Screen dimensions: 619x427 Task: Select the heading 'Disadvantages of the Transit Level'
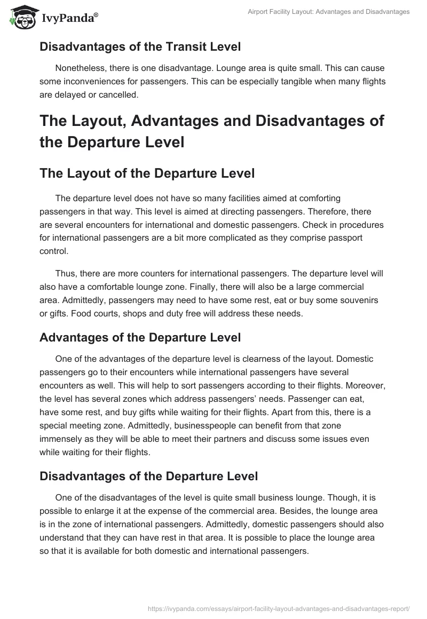140,47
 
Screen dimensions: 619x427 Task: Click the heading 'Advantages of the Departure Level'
140,337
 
